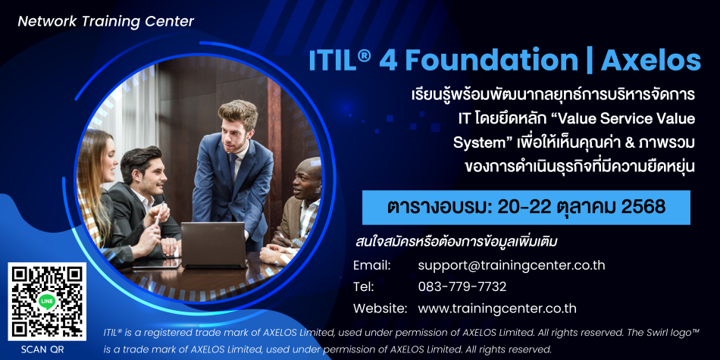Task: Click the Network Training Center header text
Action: (106, 21)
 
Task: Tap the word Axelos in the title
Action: (651, 61)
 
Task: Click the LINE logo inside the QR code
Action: (47, 301)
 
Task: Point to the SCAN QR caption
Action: (42, 349)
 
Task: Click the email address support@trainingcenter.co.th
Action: (512, 265)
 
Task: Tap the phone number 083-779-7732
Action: (462, 287)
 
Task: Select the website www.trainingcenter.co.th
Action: (497, 308)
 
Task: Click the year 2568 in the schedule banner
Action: (643, 208)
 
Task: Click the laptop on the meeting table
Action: (213, 246)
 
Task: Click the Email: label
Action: (372, 265)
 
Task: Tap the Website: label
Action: (380, 308)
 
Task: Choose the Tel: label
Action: (364, 287)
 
